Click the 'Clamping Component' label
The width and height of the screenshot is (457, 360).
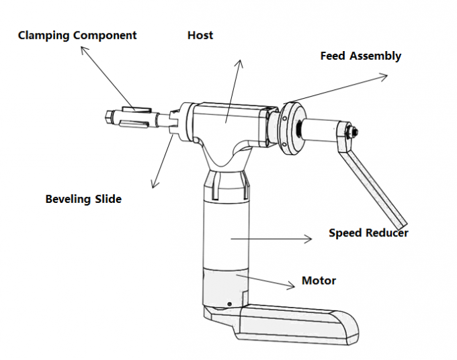(77, 35)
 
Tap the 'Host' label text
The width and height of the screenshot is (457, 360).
(200, 35)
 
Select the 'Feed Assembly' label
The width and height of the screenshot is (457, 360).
(360, 56)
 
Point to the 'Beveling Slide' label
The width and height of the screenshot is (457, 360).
(83, 199)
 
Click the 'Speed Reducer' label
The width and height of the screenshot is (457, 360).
(368, 233)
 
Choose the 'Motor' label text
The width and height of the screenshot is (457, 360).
(319, 280)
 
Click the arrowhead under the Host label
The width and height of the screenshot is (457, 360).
(239, 62)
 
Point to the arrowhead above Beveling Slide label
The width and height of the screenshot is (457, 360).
(153, 184)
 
